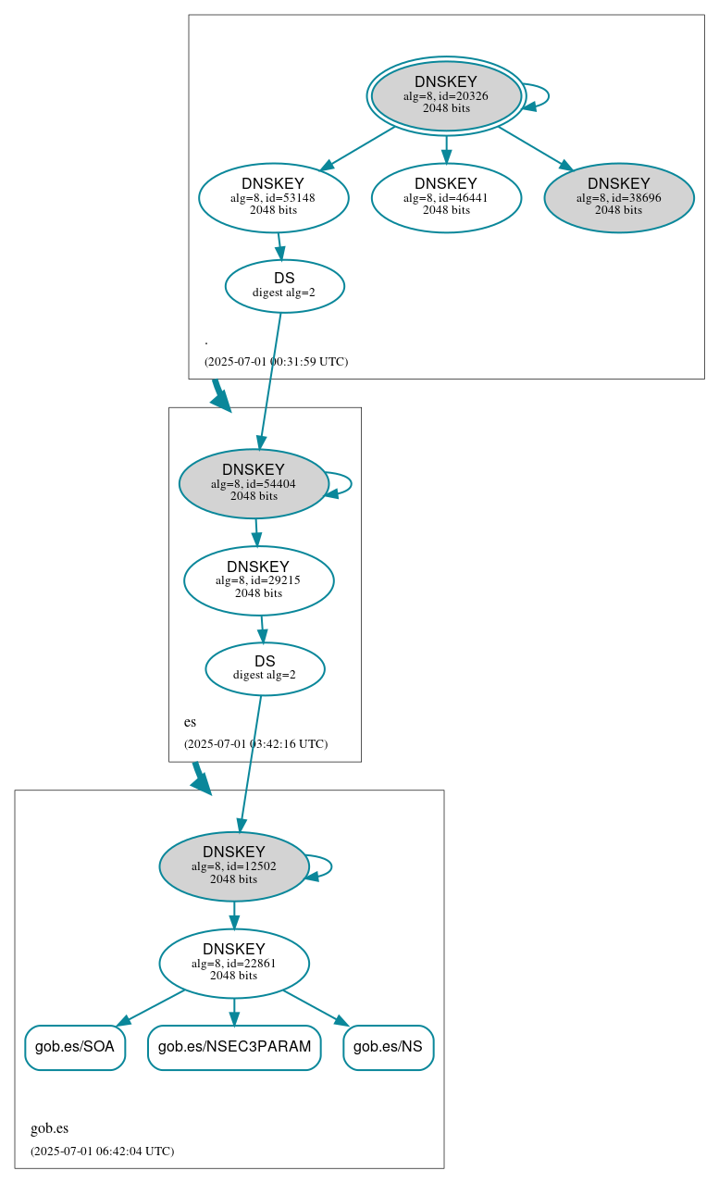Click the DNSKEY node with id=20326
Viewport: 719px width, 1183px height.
point(446,95)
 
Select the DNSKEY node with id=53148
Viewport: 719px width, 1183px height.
point(273,197)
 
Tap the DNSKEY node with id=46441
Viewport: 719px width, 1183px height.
point(446,197)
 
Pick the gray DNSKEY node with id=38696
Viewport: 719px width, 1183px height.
point(618,197)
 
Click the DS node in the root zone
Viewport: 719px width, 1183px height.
point(284,286)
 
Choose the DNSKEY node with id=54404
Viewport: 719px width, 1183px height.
point(254,483)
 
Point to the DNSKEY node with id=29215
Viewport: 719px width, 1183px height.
point(258,580)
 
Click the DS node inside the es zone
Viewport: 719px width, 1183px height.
point(265,668)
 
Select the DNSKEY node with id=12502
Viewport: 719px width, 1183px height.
point(233,866)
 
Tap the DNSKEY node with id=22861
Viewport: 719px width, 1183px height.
point(233,964)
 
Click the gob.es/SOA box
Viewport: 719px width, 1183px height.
point(75,1047)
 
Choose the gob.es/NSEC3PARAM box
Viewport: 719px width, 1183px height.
point(234,1047)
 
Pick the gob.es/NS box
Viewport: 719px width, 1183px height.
point(389,1047)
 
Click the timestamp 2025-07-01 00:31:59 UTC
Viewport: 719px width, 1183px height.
point(276,362)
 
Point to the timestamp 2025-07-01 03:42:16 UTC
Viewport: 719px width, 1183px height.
point(255,744)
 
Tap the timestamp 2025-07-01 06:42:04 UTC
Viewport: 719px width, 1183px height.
point(102,1152)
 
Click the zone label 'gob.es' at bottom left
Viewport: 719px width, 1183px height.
point(50,1128)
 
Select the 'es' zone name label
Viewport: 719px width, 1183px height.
point(190,722)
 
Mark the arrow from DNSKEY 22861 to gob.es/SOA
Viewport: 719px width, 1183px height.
point(152,1007)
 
